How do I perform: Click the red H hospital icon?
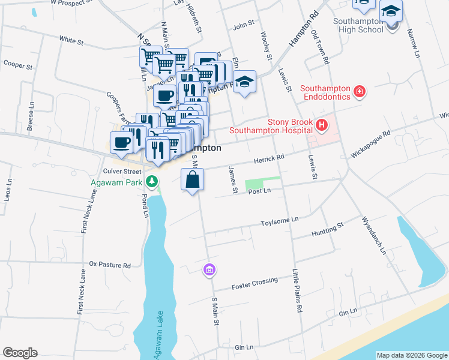(x=322, y=125)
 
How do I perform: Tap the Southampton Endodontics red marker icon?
(x=359, y=91)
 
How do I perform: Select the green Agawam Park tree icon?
(x=153, y=181)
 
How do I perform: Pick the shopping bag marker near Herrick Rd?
(x=192, y=180)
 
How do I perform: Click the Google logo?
(x=20, y=353)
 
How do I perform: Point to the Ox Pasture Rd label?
(x=109, y=264)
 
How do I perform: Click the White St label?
(x=71, y=41)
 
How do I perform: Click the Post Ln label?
(x=259, y=190)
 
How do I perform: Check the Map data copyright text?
(x=411, y=355)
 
